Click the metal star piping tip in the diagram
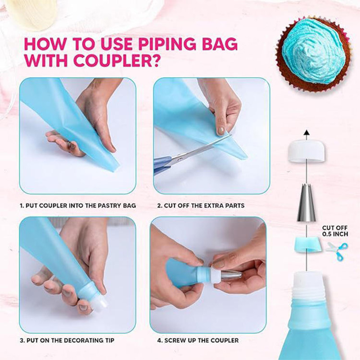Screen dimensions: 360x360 pyautogui.click(x=306, y=204)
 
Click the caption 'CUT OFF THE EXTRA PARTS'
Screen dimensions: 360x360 pyautogui.click(x=201, y=205)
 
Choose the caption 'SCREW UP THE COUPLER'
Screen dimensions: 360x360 pyautogui.click(x=198, y=340)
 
